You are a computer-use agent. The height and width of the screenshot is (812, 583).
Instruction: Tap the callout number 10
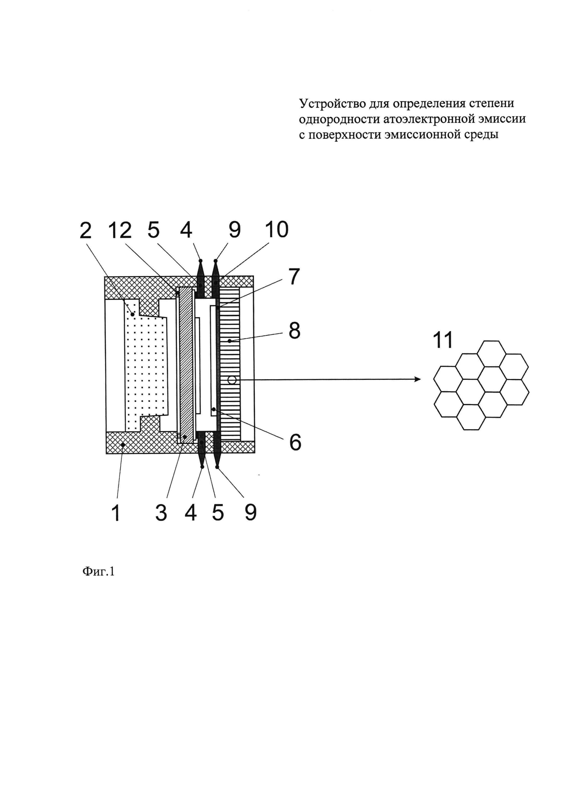(x=277, y=230)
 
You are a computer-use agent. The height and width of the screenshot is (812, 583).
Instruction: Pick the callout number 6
(x=295, y=443)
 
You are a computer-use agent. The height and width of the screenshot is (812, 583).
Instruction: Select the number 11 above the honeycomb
(x=443, y=340)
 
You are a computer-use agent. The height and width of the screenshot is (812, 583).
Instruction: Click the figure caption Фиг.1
(x=98, y=571)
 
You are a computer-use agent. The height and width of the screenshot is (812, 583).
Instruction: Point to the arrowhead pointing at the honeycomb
(x=418, y=379)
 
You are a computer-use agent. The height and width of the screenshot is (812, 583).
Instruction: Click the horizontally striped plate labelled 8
(x=229, y=358)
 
